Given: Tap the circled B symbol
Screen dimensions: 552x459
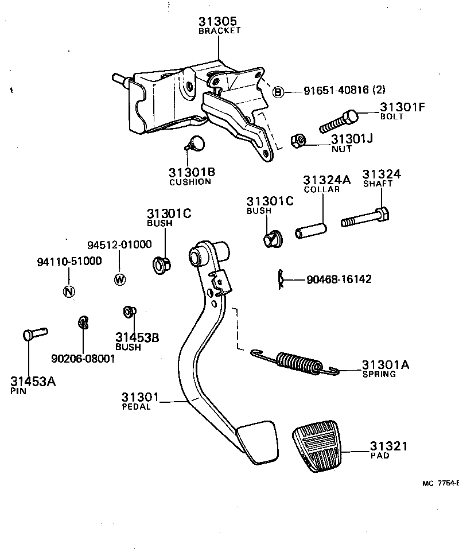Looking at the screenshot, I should (278, 92).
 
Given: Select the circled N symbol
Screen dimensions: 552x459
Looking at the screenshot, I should (68, 291).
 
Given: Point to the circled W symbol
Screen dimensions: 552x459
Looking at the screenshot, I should (120, 279).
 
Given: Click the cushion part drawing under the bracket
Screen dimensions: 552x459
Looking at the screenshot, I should (196, 143).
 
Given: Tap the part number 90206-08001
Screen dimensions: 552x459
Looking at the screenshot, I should (83, 359).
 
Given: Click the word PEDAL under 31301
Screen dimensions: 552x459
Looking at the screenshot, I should (136, 407).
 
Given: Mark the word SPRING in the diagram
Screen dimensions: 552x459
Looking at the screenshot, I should (379, 374).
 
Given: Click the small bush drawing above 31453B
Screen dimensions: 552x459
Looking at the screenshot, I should (129, 312).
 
